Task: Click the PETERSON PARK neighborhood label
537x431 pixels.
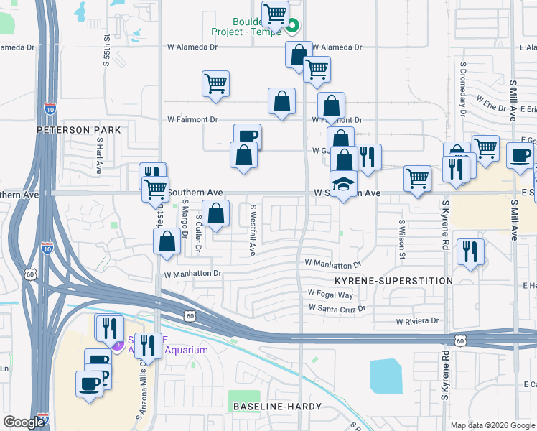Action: (x=79, y=130)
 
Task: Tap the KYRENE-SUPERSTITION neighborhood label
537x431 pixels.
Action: (x=393, y=280)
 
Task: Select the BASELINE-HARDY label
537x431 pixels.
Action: (x=270, y=407)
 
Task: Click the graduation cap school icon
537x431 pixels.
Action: (x=343, y=183)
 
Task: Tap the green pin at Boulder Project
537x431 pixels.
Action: (x=292, y=28)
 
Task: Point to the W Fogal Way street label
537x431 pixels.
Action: (x=330, y=295)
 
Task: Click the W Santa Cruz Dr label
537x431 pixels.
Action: (x=337, y=307)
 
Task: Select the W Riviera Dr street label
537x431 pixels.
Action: (x=416, y=321)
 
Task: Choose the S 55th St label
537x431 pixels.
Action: (x=106, y=49)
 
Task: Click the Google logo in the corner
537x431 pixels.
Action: (x=24, y=422)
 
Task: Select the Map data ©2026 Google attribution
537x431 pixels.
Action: (x=492, y=425)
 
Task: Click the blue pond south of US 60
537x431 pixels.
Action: (x=386, y=376)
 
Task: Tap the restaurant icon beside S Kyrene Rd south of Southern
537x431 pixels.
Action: (x=470, y=251)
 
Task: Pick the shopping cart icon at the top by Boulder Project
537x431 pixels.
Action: (x=275, y=14)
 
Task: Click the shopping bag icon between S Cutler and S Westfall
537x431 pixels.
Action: (x=216, y=213)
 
